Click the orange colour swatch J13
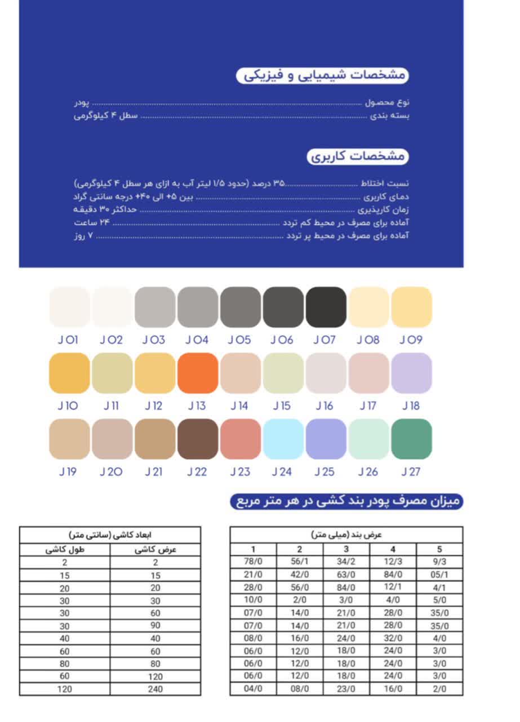click(x=198, y=373)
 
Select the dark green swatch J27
click(x=411, y=439)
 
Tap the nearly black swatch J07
click(x=326, y=307)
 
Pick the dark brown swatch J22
click(x=198, y=439)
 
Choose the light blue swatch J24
click(x=283, y=439)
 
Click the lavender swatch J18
click(x=411, y=373)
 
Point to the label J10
click(x=68, y=406)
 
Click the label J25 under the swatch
click(x=325, y=472)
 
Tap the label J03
click(x=154, y=340)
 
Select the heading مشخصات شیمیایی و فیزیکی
click(x=322, y=76)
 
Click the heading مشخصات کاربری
click(x=358, y=156)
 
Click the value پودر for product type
click(x=82, y=103)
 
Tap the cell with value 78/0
click(x=253, y=562)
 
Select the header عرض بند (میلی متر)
click(x=346, y=534)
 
